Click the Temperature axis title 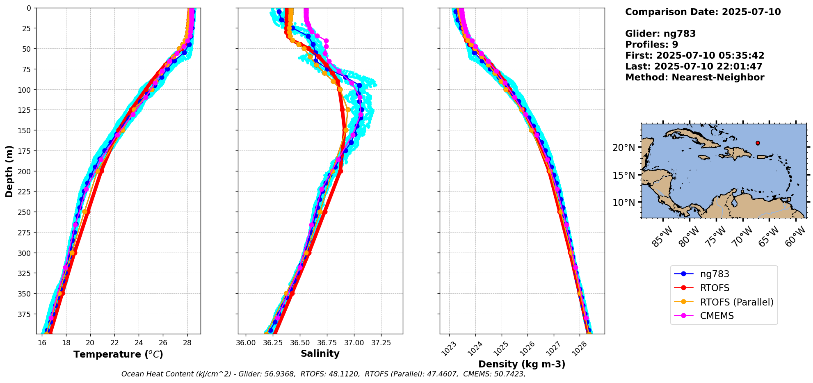click(x=118, y=354)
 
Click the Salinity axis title click(x=320, y=354)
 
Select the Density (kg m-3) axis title click(x=522, y=364)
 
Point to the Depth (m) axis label click(x=9, y=171)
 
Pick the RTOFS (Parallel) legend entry click(x=736, y=302)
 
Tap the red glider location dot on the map click(x=758, y=143)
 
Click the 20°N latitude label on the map click(x=623, y=148)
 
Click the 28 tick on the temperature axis click(x=187, y=343)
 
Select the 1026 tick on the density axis click(x=527, y=348)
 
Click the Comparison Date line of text click(x=703, y=12)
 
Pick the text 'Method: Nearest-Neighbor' click(x=694, y=78)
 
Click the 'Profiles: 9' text click(x=651, y=45)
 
